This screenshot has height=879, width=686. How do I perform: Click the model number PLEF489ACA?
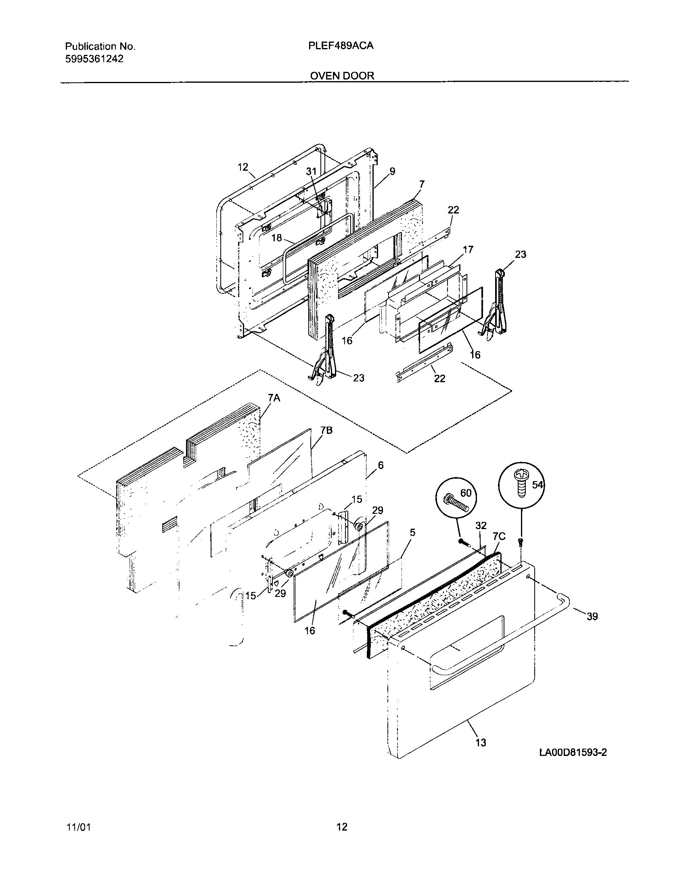[341, 46]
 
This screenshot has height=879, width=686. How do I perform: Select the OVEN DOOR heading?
[342, 75]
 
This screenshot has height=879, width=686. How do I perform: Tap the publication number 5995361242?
[94, 59]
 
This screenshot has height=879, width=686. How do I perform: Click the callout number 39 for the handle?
[592, 616]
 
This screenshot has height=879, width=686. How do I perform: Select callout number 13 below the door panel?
[481, 742]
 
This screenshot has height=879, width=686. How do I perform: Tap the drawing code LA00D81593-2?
[573, 752]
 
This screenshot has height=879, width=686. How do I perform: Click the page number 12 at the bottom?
[342, 827]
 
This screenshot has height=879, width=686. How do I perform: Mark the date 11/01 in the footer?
[78, 827]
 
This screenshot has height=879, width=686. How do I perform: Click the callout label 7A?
[274, 398]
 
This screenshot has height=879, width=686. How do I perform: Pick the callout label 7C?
[499, 536]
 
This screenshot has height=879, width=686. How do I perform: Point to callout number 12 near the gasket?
[243, 167]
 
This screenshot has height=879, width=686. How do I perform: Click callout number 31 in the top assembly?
[311, 171]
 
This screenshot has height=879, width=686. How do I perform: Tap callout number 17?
[468, 249]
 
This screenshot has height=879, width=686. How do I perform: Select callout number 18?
[276, 238]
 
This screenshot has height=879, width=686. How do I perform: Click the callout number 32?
[481, 525]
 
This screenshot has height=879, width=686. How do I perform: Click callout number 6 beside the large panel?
[381, 465]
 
